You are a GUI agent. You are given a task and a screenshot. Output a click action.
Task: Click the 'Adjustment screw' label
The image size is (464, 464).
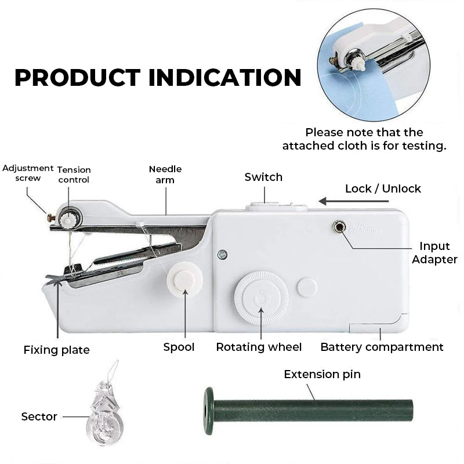28,173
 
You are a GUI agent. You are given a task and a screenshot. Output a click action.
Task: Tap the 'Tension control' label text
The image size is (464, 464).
74,175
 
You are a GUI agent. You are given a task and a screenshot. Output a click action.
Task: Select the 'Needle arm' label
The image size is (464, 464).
165,175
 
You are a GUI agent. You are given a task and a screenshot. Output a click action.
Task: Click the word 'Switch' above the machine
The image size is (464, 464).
263,177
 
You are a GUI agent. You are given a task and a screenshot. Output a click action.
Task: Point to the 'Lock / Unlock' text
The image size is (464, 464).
383,188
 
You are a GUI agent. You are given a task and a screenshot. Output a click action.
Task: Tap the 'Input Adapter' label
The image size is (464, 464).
434,253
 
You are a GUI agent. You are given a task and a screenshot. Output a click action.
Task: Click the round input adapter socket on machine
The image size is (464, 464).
338,226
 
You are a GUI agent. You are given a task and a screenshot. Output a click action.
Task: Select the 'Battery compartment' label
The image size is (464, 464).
382,347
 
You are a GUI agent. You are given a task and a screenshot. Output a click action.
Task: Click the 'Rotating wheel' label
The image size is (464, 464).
259,347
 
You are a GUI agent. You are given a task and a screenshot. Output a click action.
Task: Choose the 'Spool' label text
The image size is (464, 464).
179,347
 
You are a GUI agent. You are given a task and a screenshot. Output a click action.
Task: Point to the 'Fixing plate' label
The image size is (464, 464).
56,350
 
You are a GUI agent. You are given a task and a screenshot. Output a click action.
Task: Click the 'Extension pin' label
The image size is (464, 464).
322,374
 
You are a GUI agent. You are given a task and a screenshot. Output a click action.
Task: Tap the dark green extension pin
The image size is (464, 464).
307,411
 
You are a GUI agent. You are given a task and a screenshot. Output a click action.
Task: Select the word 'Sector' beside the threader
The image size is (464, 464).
39,416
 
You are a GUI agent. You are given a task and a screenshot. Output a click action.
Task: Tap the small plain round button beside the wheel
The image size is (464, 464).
307,288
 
